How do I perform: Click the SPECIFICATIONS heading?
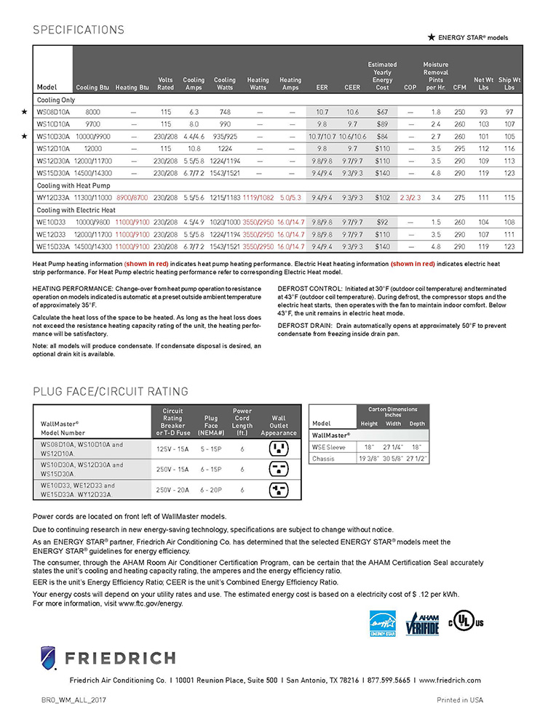tap(79, 31)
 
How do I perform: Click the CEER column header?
tap(352, 87)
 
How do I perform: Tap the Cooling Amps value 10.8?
tap(194, 148)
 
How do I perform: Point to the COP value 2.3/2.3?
tap(410, 197)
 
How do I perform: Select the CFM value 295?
tap(459, 148)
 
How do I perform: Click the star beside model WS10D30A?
tap(24, 136)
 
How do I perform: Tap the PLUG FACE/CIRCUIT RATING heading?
tap(111, 392)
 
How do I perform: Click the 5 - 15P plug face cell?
tap(211, 449)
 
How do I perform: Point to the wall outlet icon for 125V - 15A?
tap(279, 449)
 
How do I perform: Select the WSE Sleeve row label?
tap(329, 447)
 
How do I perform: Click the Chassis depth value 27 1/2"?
tap(417, 459)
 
